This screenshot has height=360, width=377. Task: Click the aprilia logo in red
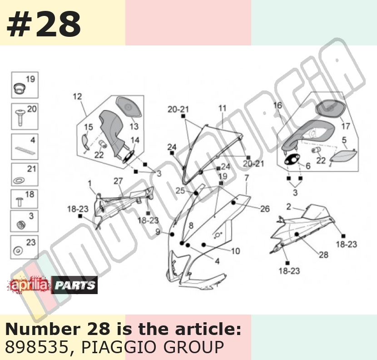click(x=30, y=285)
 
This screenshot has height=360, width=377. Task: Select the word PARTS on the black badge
click(x=74, y=285)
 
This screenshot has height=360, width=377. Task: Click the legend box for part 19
click(x=25, y=85)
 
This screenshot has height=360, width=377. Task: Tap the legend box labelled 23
click(x=24, y=247)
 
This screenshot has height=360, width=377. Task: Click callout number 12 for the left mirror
click(x=77, y=96)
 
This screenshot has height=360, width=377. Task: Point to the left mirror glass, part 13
click(x=129, y=107)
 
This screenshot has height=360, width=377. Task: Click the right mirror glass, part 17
click(x=330, y=108)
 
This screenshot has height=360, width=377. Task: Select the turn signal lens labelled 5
click(x=343, y=155)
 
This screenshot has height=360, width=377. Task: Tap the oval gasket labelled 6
click(x=292, y=160)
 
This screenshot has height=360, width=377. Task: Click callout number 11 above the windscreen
click(x=223, y=108)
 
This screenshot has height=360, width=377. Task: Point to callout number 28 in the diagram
click(x=323, y=255)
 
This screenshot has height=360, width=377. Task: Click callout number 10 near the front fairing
click(x=235, y=251)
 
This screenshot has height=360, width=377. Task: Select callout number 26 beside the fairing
click(x=265, y=209)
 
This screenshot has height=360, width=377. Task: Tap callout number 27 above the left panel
click(x=118, y=181)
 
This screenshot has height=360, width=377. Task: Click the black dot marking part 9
click(x=172, y=234)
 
